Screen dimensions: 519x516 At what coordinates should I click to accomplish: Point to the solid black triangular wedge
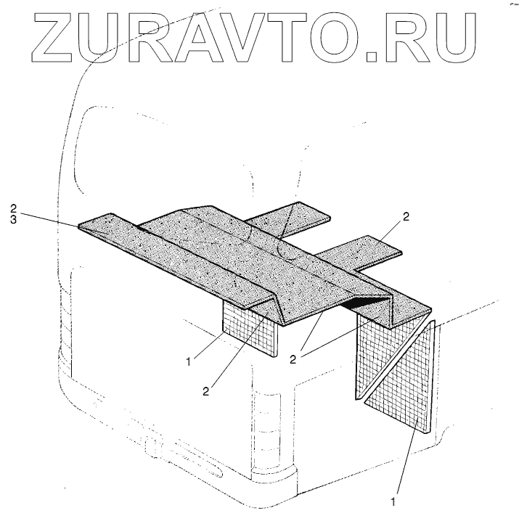[367, 300]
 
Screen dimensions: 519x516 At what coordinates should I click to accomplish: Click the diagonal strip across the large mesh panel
[396, 359]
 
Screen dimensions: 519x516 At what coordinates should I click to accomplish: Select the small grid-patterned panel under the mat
[248, 329]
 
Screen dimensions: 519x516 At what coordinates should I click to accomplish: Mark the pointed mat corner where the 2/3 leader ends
[80, 226]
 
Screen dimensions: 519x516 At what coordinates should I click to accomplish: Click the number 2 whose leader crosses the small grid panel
[206, 390]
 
